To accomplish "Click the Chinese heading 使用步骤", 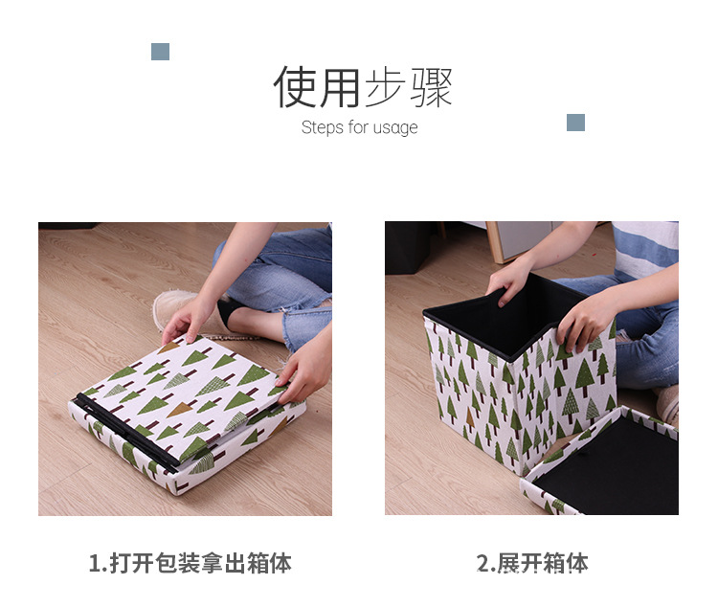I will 362,87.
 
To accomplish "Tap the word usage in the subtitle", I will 395,128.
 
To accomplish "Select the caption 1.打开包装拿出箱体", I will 190,562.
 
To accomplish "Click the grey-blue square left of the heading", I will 160,52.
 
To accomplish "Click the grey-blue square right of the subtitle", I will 575,123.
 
